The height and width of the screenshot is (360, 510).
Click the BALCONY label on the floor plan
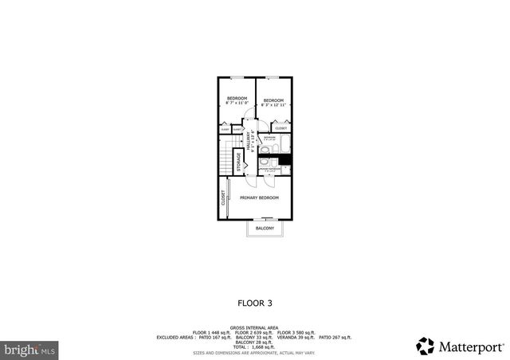coord(265,229)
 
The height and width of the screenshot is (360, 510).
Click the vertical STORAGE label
coord(238,158)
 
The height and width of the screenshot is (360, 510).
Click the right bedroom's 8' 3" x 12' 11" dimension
coord(273,104)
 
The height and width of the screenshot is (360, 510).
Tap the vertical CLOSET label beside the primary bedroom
coord(223,198)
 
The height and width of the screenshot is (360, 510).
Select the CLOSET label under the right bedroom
coord(280,127)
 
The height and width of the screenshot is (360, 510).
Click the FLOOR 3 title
coord(254,303)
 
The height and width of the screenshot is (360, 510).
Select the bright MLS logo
coord(29,349)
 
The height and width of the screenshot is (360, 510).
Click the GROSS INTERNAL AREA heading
coord(254,327)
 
